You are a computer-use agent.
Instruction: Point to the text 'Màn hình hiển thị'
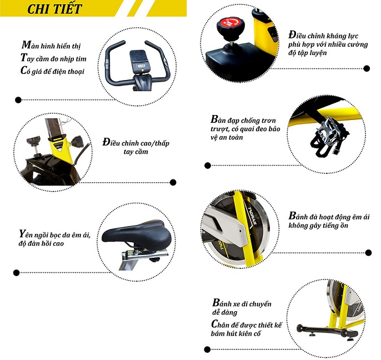[x=55, y=44]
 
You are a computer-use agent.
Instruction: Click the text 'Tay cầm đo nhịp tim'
[x=56, y=58]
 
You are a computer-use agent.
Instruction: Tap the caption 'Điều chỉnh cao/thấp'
[x=136, y=143]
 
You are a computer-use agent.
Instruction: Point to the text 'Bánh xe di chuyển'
[x=242, y=303]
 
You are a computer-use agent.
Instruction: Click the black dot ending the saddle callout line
[x=18, y=272]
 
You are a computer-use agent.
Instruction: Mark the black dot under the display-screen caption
[x=18, y=101]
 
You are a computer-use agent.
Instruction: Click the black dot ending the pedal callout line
[x=208, y=165]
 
